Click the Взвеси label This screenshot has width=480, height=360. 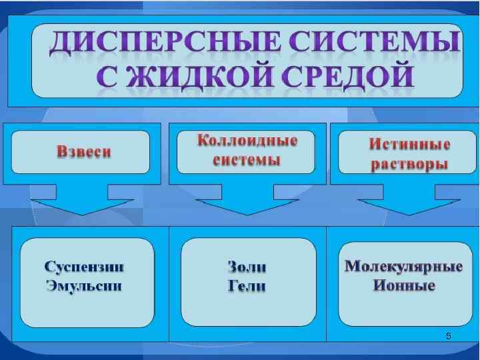tap(84, 152)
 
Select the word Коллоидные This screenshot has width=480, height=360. tap(247, 141)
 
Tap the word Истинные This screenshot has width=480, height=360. tap(409, 144)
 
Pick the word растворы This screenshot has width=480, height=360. tap(409, 165)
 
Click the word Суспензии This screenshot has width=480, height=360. tap(85, 267)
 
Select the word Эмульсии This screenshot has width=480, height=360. tap(85, 286)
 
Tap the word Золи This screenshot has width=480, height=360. tap(247, 267)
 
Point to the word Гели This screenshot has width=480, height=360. tap(247, 286)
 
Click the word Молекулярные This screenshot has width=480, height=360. tap(404, 267)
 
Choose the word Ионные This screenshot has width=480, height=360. tap(404, 286)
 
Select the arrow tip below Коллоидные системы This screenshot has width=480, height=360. tap(247, 213)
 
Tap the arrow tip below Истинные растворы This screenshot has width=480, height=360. tap(409, 213)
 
